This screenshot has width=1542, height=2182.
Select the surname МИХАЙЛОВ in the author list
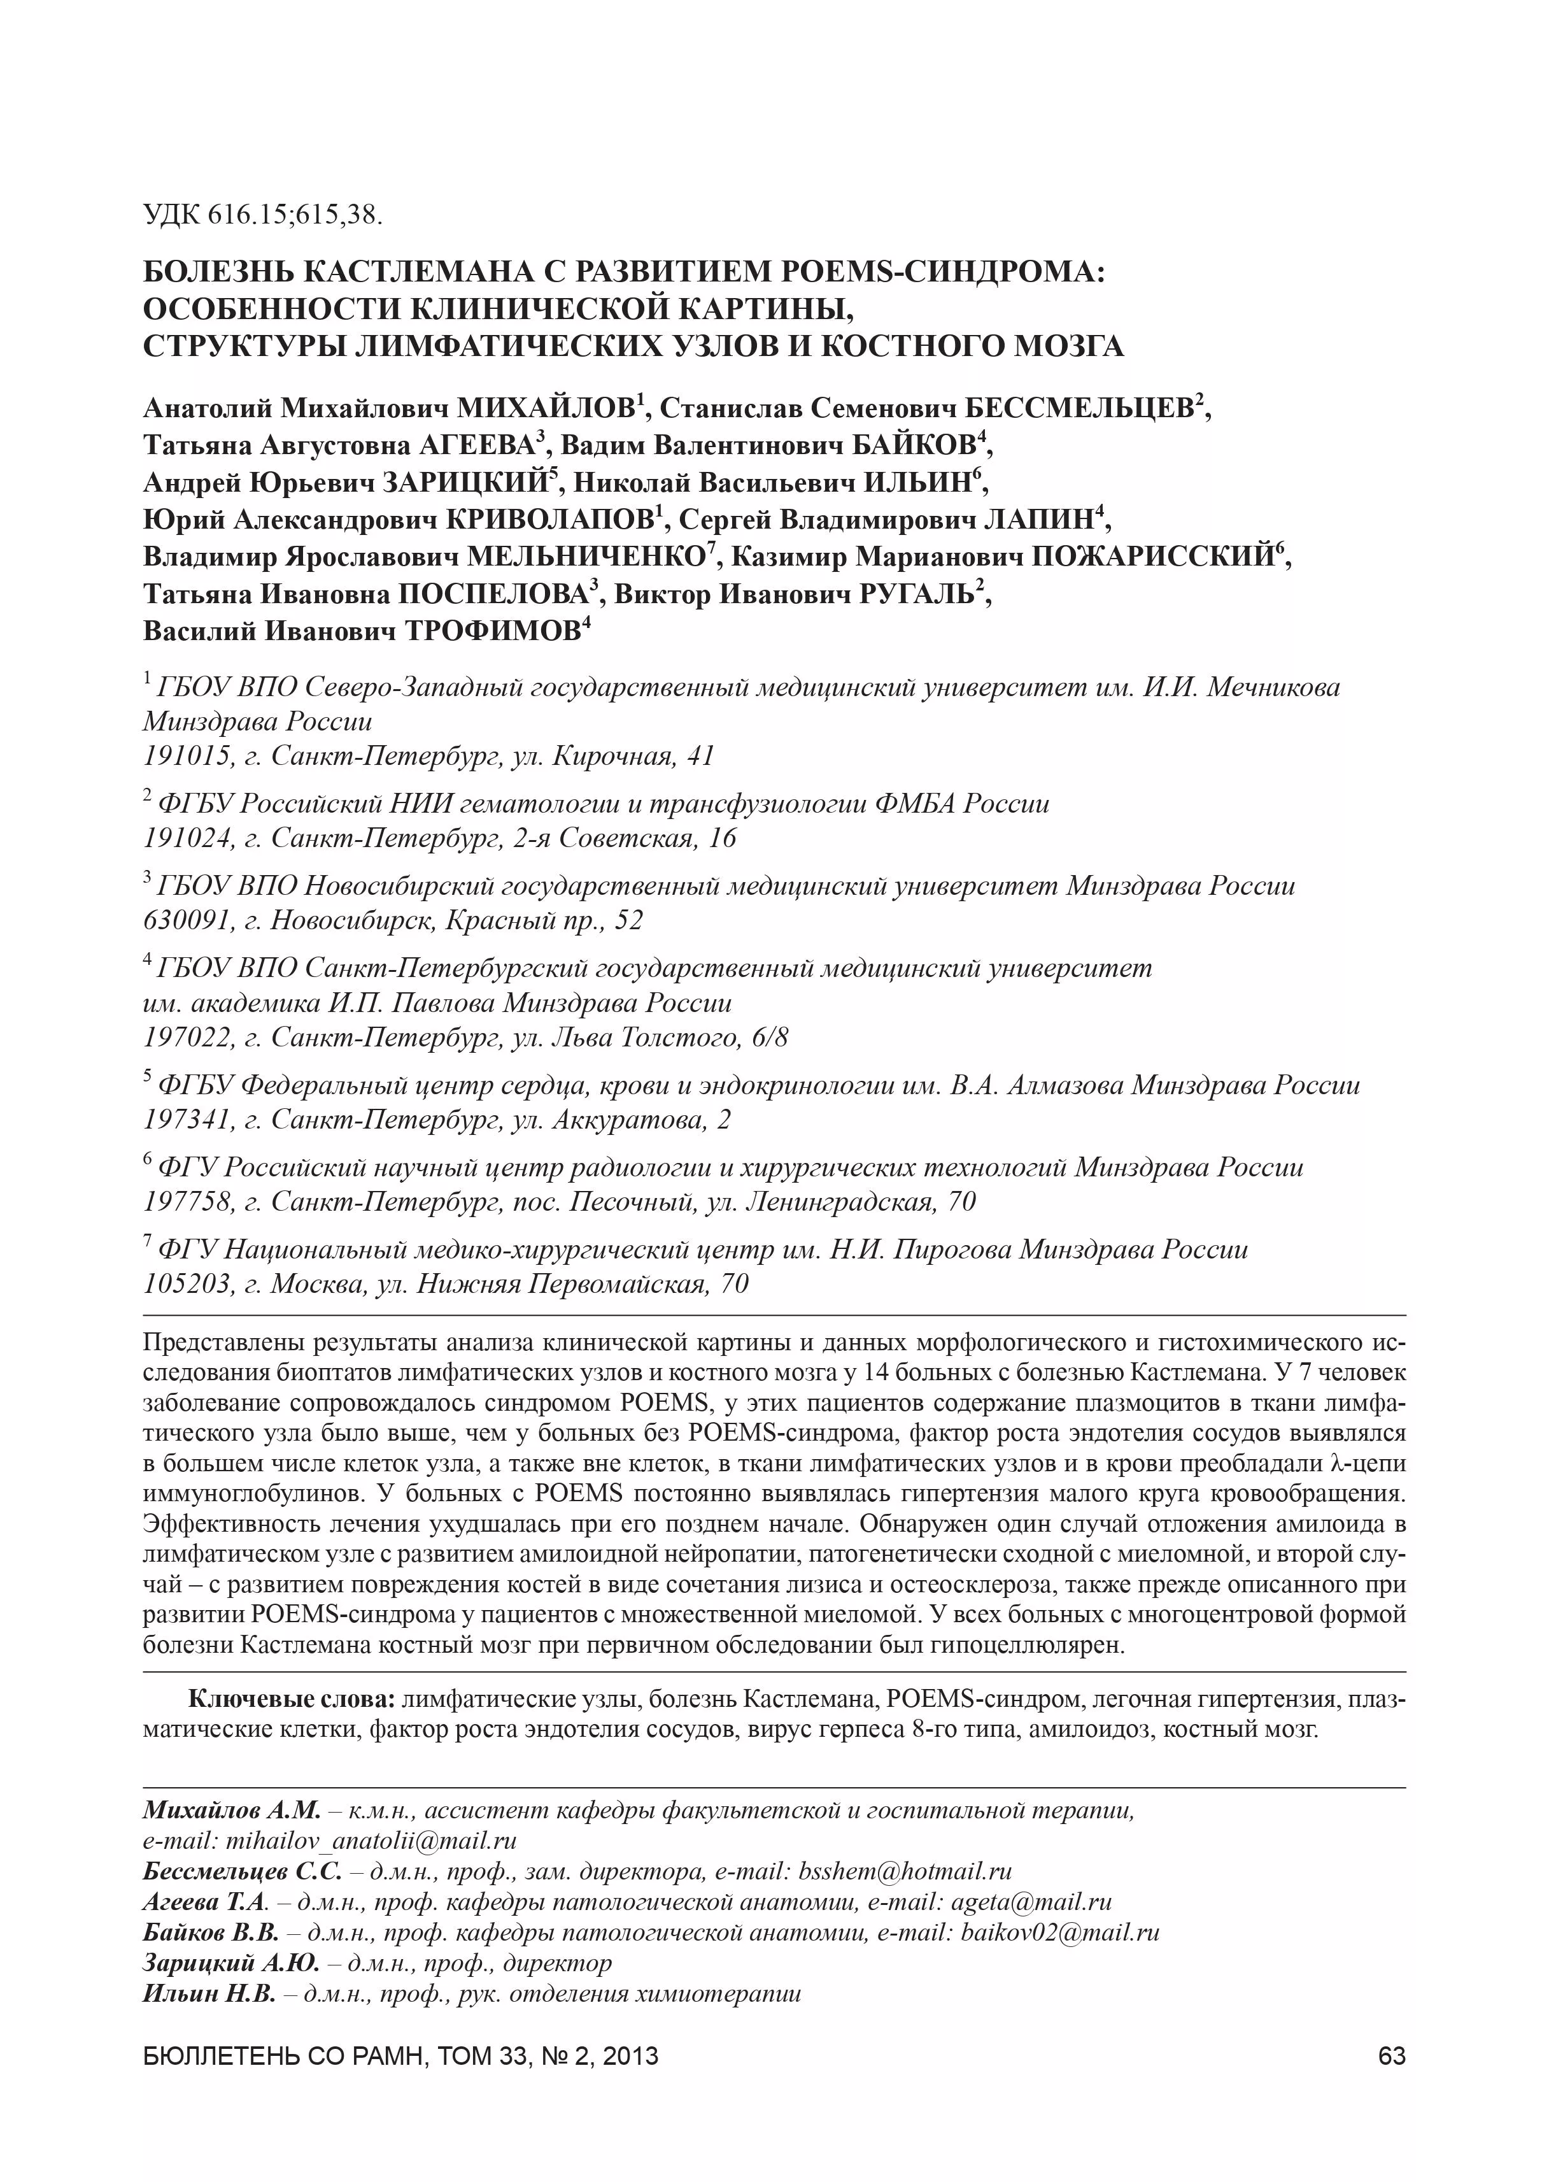[546, 409]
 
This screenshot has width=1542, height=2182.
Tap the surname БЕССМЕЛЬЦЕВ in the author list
[1079, 409]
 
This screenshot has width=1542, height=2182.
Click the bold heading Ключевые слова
[292, 1698]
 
